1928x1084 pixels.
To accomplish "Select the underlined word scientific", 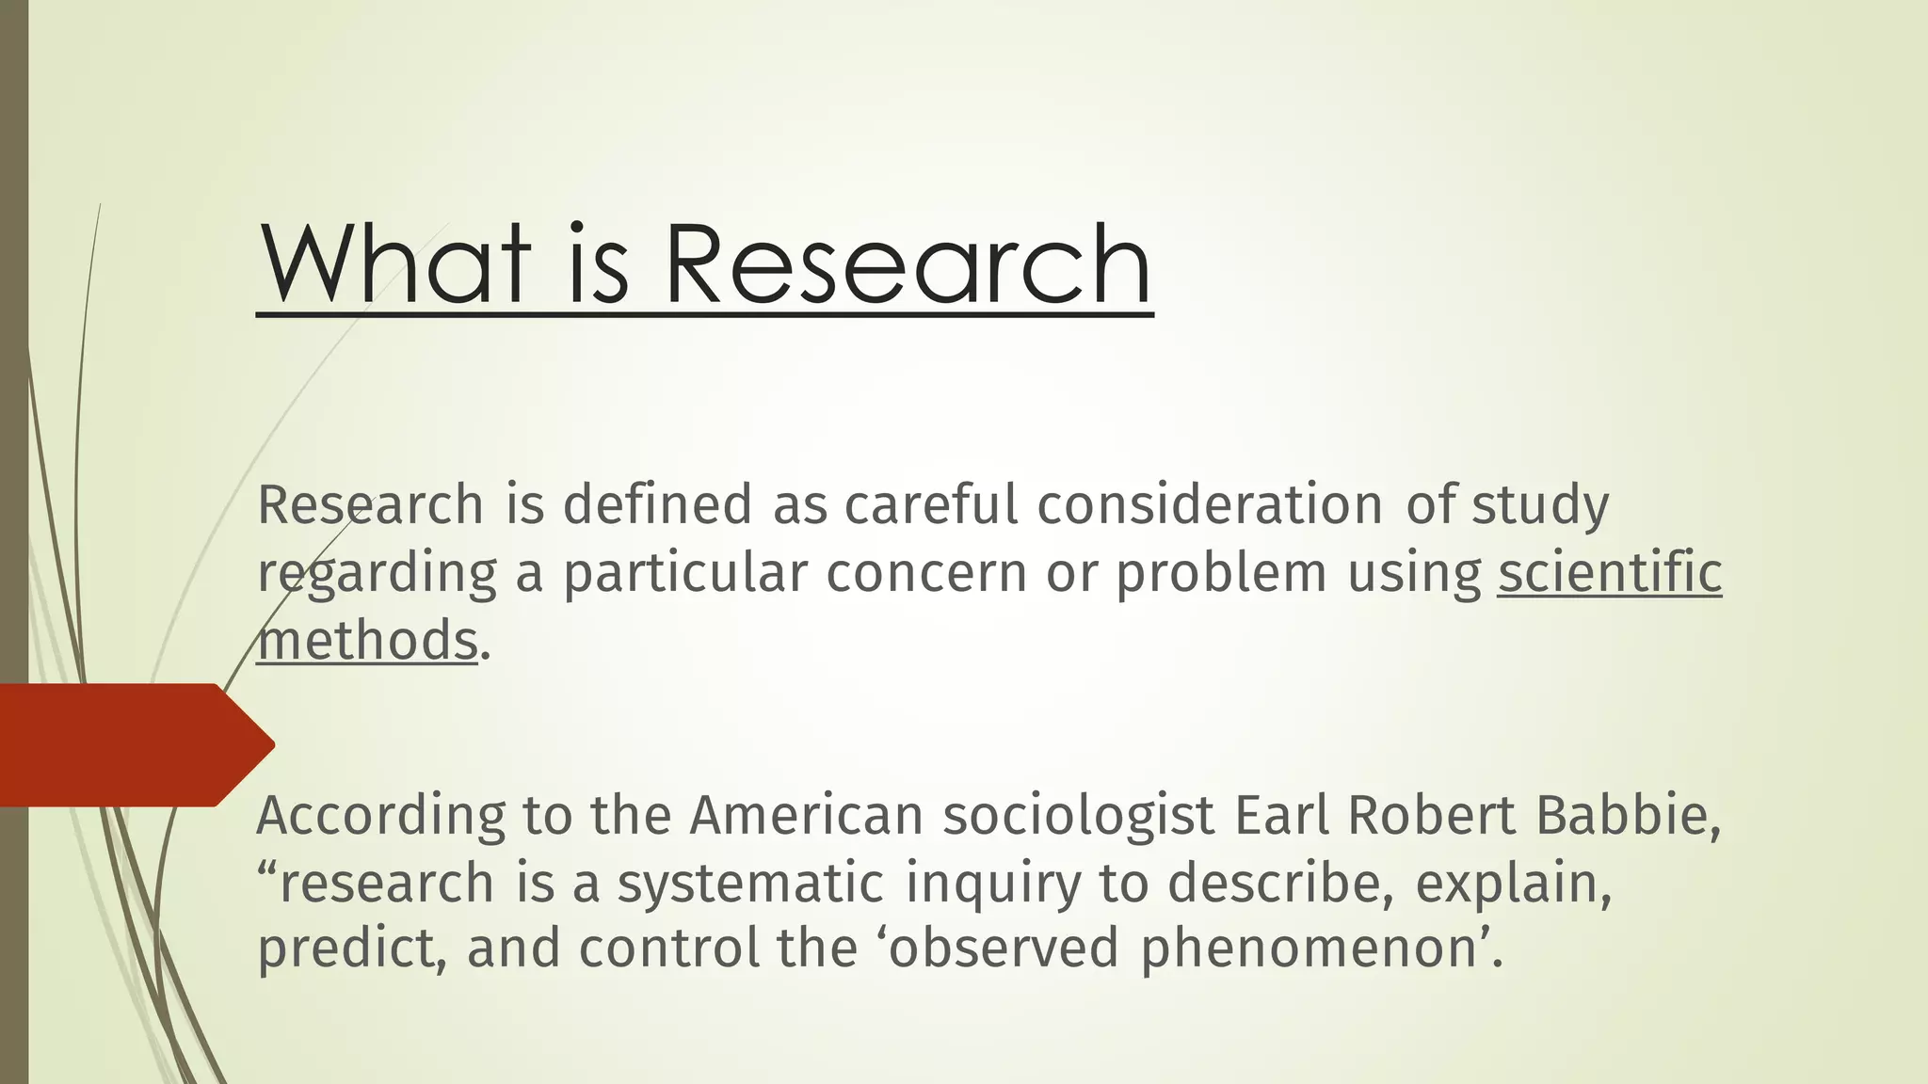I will point(1610,572).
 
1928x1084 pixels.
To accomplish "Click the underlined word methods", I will point(367,640).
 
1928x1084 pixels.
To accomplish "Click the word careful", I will point(931,504).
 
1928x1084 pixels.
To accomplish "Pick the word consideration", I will point(1210,504).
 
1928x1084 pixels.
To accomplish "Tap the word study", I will point(1540,506).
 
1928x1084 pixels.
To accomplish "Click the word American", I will point(806,815).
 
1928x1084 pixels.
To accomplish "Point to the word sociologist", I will point(1079,815).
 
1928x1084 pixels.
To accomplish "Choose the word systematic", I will point(750,884).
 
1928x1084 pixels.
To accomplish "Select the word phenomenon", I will point(1308,948).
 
